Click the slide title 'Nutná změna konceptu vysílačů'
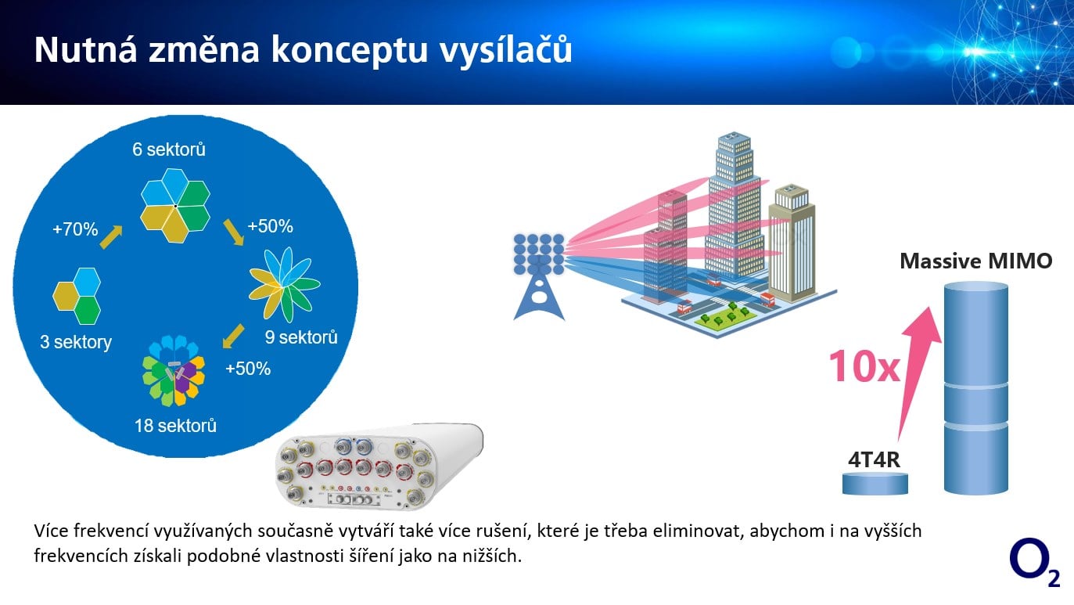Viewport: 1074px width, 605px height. coord(303,50)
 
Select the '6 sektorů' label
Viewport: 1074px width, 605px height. coord(169,149)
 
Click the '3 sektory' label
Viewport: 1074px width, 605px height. coord(76,342)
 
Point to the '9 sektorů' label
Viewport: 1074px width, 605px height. coord(301,337)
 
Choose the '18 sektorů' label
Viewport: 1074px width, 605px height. coord(174,426)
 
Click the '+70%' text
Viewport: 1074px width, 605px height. coord(75,229)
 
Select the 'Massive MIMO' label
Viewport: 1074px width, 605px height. coord(975,261)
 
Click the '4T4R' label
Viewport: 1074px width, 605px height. coord(875,459)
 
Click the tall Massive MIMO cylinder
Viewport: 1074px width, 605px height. coord(975,387)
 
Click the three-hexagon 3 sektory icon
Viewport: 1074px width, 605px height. coord(77,296)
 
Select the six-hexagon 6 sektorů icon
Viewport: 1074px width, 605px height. coord(175,206)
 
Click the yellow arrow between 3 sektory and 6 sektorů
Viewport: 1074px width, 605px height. coord(111,236)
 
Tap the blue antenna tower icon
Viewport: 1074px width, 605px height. coord(539,276)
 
